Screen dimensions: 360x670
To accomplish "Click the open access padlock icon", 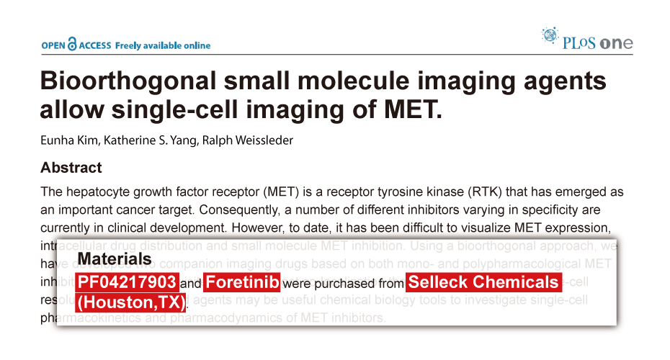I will (x=71, y=45).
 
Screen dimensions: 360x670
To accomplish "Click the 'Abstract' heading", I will (x=71, y=168).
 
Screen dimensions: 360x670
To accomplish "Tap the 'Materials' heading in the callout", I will (x=115, y=259).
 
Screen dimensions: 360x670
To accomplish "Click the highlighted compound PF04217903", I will (x=126, y=282).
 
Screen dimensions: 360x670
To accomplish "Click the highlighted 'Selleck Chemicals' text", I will (x=483, y=282).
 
